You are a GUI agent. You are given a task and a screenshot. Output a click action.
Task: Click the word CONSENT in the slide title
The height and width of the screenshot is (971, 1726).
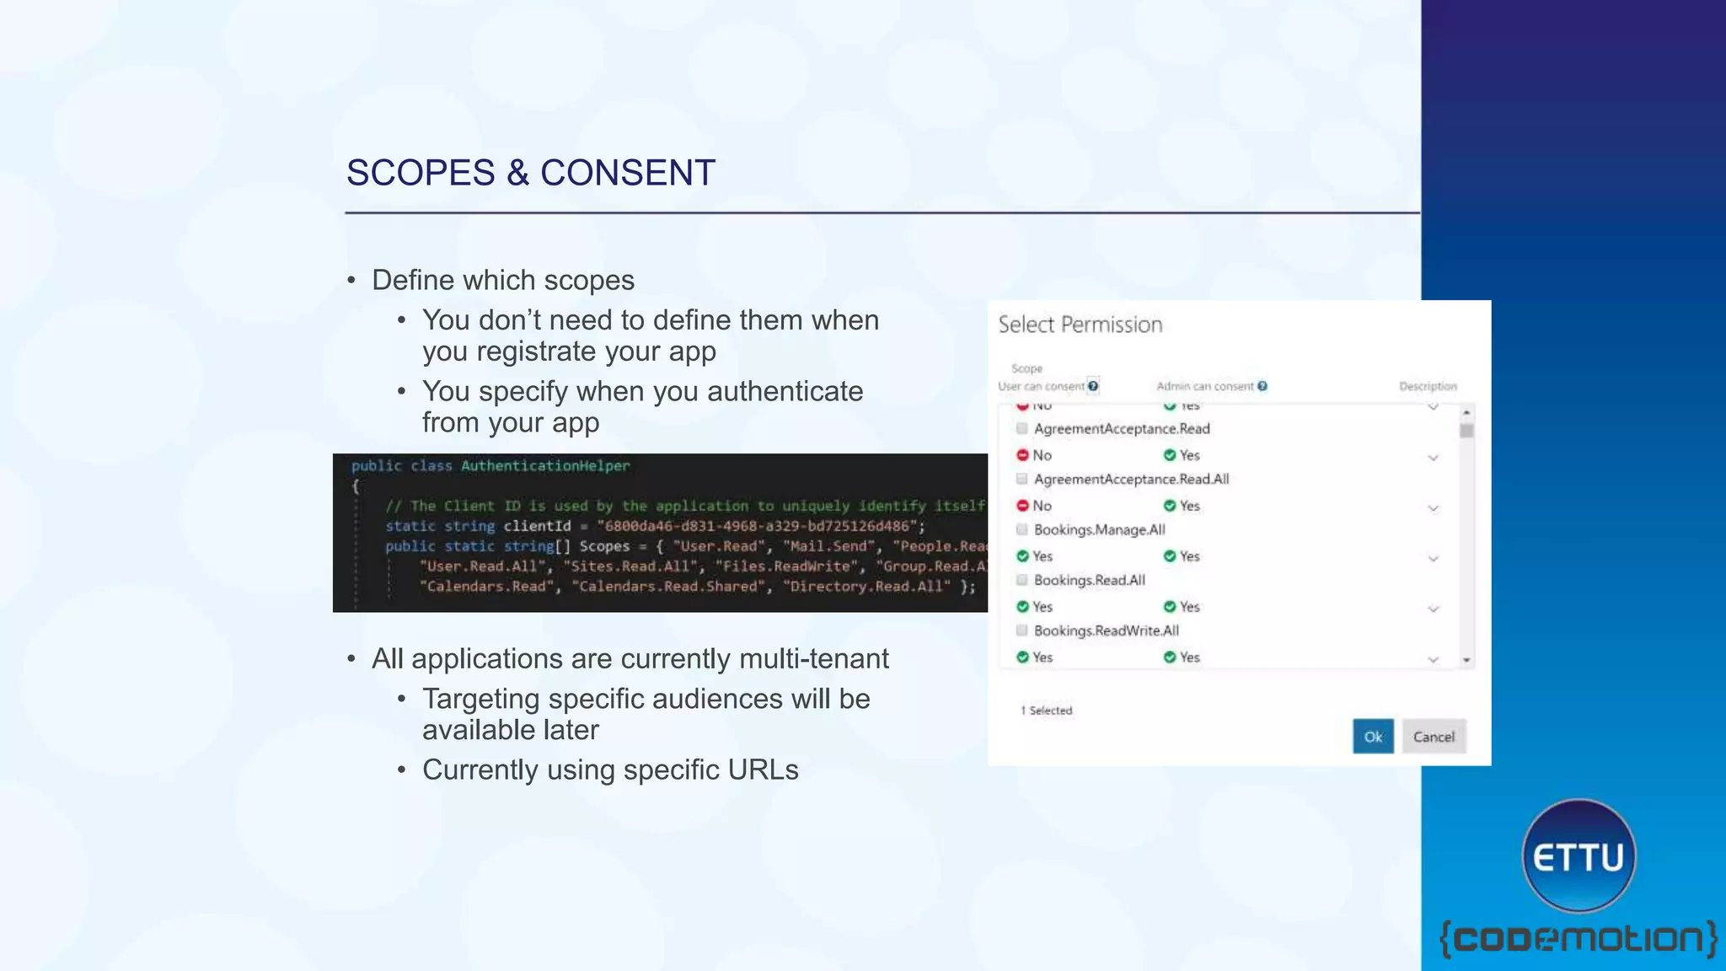(x=627, y=173)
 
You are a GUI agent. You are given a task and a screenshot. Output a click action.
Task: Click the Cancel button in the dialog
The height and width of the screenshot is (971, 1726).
(x=1434, y=737)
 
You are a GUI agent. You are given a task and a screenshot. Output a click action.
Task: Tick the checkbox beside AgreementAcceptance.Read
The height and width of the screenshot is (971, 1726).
(x=1022, y=428)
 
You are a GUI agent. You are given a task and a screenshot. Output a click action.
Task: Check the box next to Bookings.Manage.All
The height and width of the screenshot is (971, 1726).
(x=1022, y=529)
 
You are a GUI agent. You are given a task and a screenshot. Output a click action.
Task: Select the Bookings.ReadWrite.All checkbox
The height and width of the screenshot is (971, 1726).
(x=1022, y=630)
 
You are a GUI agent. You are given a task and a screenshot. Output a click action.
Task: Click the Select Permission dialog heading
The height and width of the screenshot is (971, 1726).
(x=1080, y=325)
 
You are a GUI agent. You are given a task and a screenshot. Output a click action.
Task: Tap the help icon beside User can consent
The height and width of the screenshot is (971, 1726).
(x=1093, y=386)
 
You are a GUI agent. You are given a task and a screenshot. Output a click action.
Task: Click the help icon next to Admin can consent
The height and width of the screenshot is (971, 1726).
(x=1262, y=386)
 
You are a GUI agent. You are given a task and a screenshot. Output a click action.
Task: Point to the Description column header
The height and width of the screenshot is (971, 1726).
(x=1428, y=386)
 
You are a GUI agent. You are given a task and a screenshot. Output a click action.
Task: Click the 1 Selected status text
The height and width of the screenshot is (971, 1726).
(x=1047, y=711)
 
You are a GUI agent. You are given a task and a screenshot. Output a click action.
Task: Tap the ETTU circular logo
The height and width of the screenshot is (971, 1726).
(x=1579, y=856)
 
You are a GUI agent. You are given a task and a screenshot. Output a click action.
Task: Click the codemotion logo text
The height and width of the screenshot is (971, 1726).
(x=1578, y=939)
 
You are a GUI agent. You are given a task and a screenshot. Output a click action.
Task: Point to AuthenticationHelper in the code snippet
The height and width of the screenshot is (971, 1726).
(x=545, y=466)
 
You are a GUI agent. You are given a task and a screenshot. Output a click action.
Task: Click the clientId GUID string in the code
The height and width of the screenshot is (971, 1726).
(x=756, y=526)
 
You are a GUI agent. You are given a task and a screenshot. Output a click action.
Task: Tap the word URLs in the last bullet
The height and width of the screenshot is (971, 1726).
(x=764, y=770)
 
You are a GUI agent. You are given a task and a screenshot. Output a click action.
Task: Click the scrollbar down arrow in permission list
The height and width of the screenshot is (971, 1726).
(x=1466, y=660)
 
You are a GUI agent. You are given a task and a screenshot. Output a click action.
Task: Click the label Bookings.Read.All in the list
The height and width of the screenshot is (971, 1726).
(x=1089, y=580)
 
